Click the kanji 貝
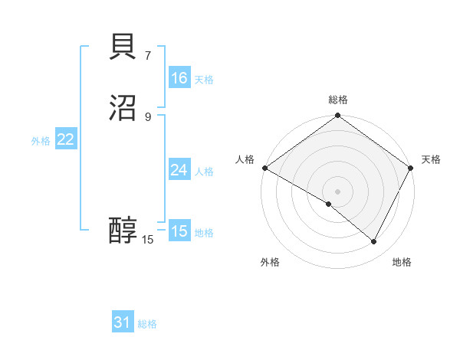[123, 47]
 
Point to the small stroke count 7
[147, 55]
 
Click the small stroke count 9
[147, 116]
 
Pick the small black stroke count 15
[148, 240]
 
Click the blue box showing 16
[179, 78]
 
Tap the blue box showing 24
[179, 170]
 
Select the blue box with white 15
[179, 231]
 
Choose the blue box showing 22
[65, 139]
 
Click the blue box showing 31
[122, 323]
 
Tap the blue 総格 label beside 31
[147, 325]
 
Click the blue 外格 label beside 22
[41, 141]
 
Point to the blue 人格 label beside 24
[204, 172]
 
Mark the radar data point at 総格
[337, 116]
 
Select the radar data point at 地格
[374, 242]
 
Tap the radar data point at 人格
[264, 168]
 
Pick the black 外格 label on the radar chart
[270, 262]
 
